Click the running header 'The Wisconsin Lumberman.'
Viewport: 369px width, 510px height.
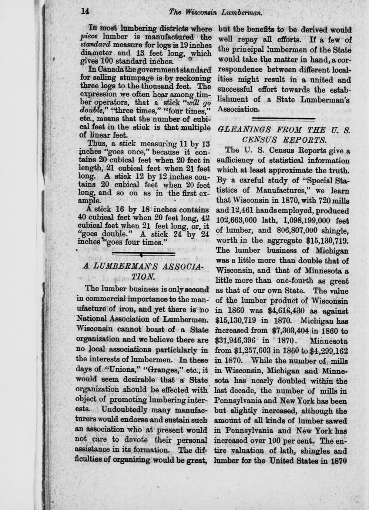[215, 12]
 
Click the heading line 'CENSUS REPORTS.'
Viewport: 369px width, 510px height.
[284, 140]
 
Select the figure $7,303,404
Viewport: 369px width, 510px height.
[292, 331]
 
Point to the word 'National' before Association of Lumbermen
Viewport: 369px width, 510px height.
[90, 318]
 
